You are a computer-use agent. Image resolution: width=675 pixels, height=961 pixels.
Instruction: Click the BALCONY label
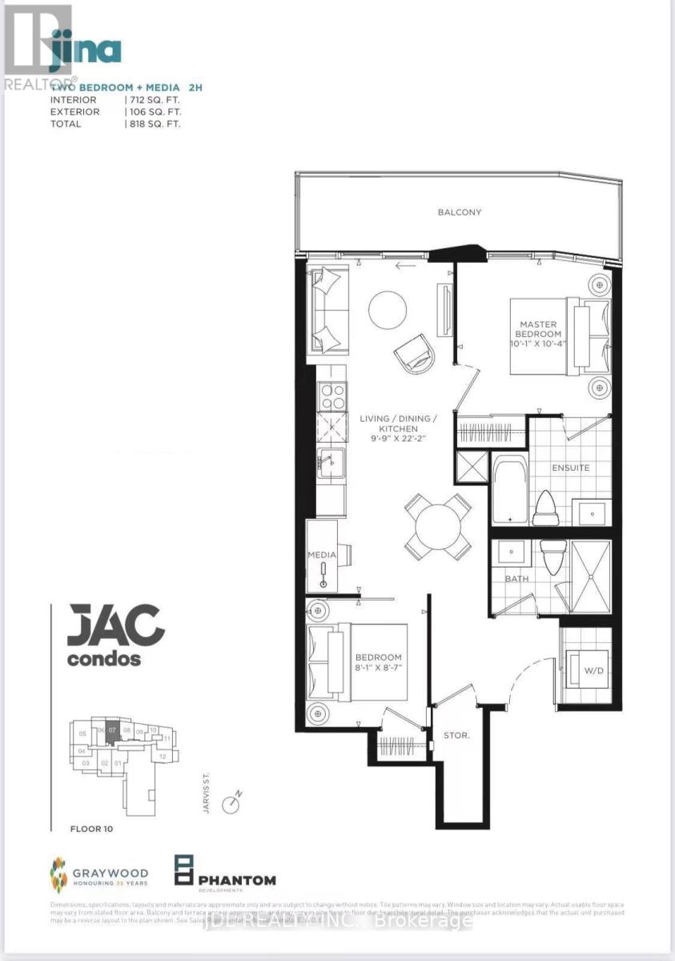coord(459,212)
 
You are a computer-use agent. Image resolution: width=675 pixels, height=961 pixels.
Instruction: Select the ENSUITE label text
coord(569,467)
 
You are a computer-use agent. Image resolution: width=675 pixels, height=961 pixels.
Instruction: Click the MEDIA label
coord(321,554)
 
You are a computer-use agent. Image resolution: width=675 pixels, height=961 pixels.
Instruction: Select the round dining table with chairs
coord(437,526)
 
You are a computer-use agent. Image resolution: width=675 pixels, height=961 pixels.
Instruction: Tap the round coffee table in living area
coord(388,308)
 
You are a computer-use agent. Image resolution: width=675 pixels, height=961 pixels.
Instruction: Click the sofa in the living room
coord(329,308)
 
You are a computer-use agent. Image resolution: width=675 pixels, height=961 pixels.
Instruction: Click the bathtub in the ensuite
coord(508,489)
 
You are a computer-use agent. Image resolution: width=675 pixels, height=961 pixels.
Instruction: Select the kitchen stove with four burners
coord(331,395)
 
